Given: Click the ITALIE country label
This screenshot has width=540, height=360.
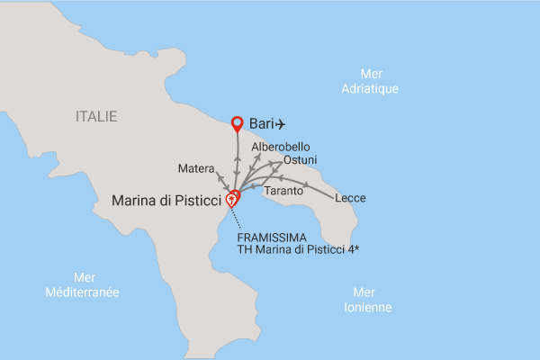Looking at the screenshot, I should coord(97,116).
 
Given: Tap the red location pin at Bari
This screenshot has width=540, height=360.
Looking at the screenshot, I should coord(238,123).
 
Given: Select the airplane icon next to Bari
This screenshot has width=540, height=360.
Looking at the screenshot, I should coord(281,123).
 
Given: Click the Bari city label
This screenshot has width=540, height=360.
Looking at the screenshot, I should coord(260,124).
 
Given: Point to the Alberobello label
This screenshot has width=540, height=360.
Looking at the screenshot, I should coord(281,146).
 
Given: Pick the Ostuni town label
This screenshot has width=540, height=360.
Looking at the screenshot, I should coord(300,159).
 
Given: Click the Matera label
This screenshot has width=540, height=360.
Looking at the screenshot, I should coord(196,168).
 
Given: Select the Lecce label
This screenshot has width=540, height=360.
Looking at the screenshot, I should coord(350,198).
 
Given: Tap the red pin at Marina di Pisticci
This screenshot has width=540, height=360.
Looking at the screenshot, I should coord(231,201).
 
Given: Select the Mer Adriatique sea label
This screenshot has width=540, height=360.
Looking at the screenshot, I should coord(371,82).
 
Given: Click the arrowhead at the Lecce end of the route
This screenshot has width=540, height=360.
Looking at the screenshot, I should coord(309,186).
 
